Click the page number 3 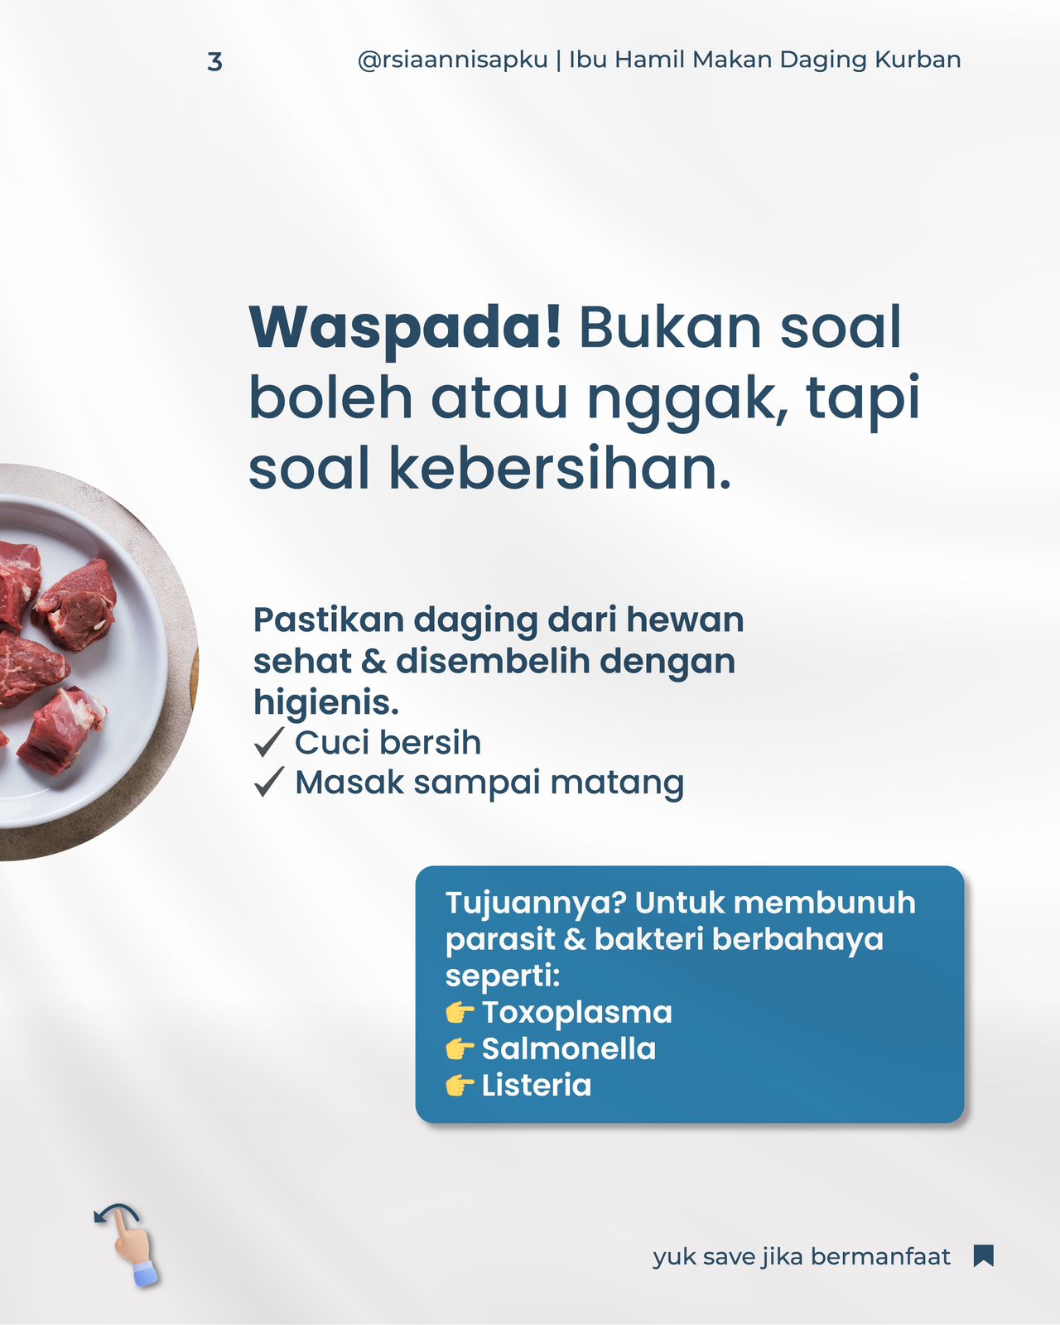pyautogui.click(x=214, y=61)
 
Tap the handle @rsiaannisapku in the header pyautogui.click(x=453, y=60)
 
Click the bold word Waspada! pyautogui.click(x=405, y=329)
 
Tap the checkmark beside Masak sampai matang pyautogui.click(x=269, y=782)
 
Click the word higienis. pyautogui.click(x=326, y=702)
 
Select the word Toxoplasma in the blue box pyautogui.click(x=576, y=1012)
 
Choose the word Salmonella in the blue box pyautogui.click(x=568, y=1048)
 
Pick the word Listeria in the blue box pyautogui.click(x=537, y=1085)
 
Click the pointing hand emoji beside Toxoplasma pyautogui.click(x=460, y=1012)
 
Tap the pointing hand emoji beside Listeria pyautogui.click(x=460, y=1086)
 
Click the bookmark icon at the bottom pyautogui.click(x=984, y=1256)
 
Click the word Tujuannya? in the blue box pyautogui.click(x=536, y=904)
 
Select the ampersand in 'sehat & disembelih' pyautogui.click(x=373, y=662)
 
